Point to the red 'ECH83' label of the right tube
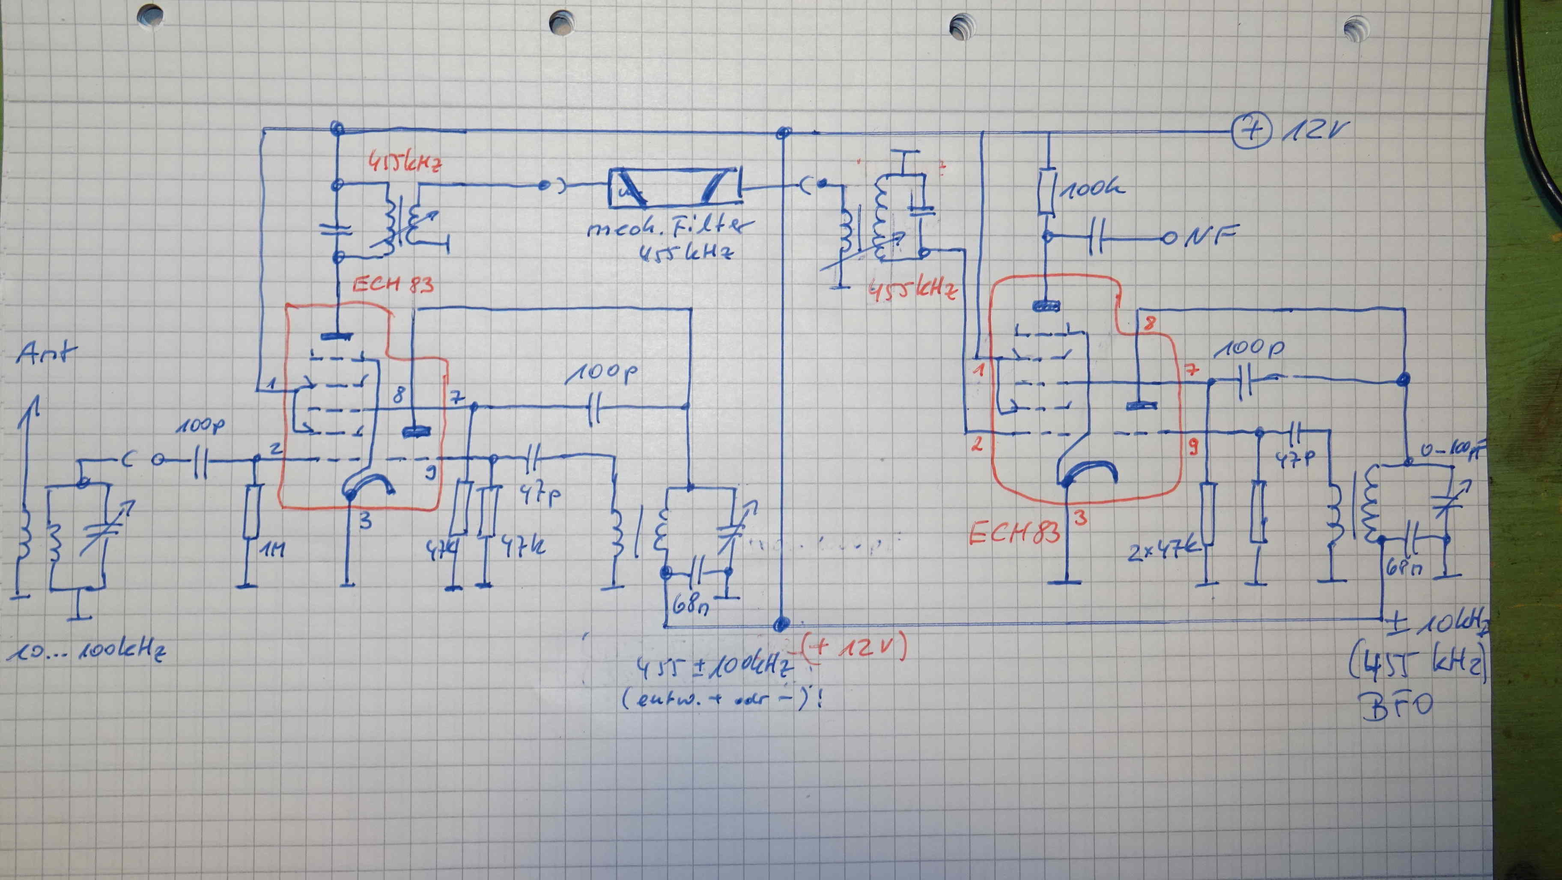click(1014, 533)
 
